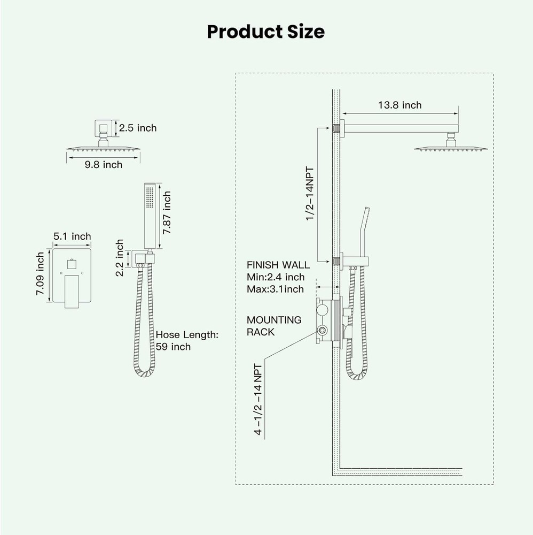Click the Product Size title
coord(265,32)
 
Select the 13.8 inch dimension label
coord(399,105)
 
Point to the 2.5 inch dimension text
coord(138,128)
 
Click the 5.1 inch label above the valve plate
coord(72,236)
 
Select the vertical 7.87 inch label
coord(167,211)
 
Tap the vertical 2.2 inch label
coord(120,258)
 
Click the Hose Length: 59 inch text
coord(187,340)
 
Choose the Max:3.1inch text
coord(275,289)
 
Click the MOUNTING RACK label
coord(273,326)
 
